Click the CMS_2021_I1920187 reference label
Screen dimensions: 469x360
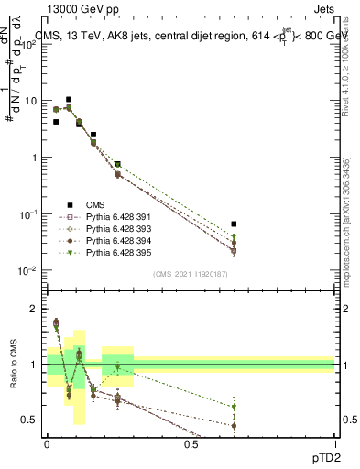click(191, 273)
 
